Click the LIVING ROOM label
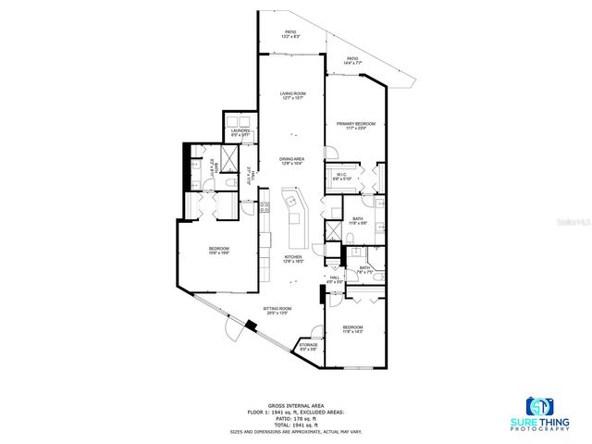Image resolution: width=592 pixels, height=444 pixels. click(293, 93)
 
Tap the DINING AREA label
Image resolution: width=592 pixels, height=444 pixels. click(292, 159)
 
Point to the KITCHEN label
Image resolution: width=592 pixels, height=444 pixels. click(292, 258)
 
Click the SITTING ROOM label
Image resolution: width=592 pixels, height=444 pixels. click(277, 310)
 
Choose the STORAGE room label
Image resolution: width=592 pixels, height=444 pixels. click(309, 345)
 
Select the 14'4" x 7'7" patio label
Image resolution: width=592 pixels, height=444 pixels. click(352, 59)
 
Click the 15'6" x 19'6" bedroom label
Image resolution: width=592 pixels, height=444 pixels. click(218, 250)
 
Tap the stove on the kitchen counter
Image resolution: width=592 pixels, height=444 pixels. click(265, 224)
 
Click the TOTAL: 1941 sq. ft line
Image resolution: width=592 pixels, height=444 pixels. click(295, 424)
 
